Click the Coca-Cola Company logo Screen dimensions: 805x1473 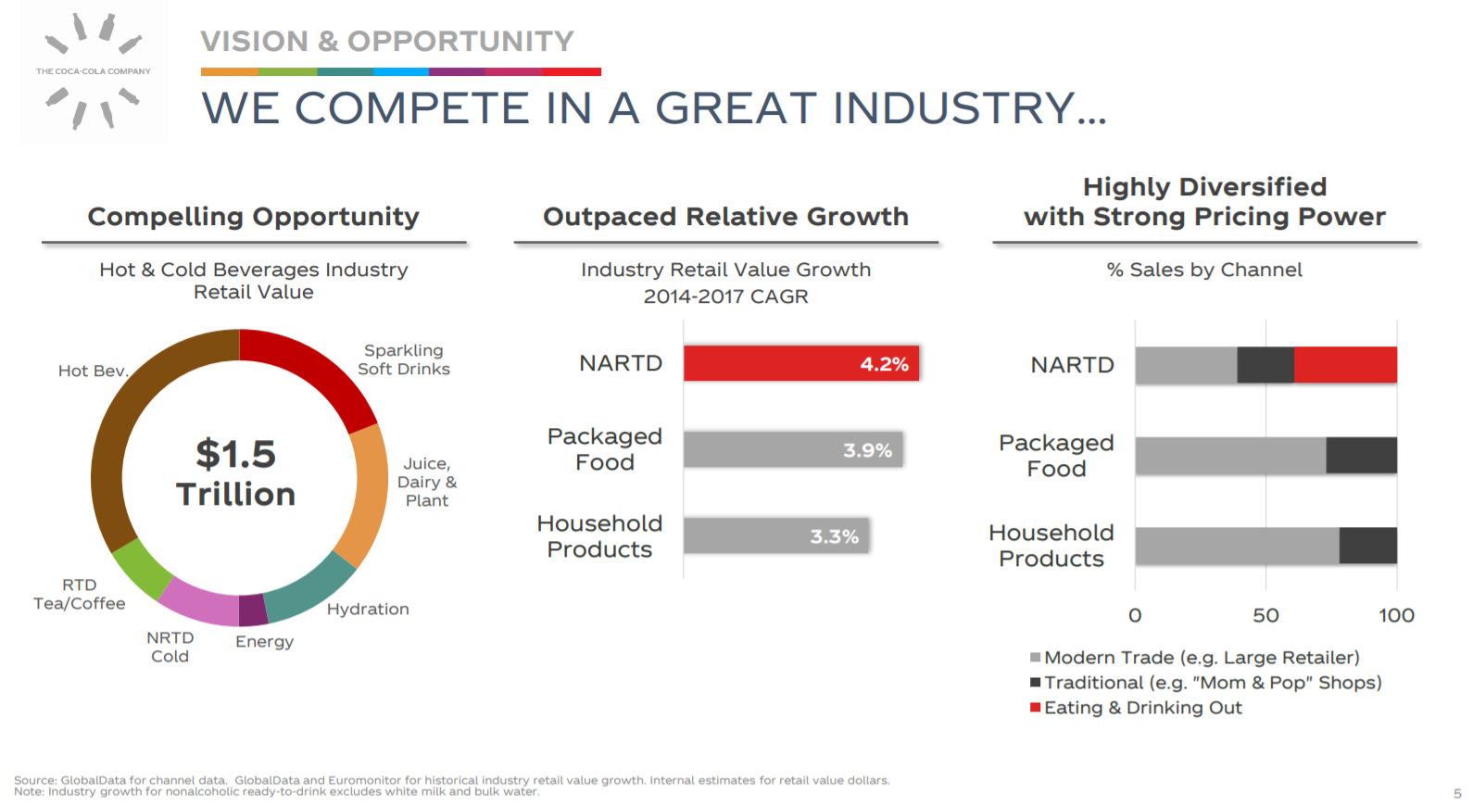(x=94, y=71)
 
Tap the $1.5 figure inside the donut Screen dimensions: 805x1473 (x=235, y=454)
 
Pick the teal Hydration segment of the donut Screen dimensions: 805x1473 (x=310, y=588)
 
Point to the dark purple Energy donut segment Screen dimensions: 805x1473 (x=253, y=610)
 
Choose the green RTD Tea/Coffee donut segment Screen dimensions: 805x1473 (x=142, y=568)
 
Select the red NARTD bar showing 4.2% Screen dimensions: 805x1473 (x=800, y=364)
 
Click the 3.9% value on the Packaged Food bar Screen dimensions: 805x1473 (x=867, y=450)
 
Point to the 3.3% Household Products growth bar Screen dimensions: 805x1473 (x=776, y=536)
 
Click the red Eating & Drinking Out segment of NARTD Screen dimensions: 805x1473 (x=1345, y=365)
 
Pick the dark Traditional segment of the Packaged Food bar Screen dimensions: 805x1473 (x=1361, y=456)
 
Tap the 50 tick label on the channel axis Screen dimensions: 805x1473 (x=1265, y=615)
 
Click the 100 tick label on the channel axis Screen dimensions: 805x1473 (x=1396, y=615)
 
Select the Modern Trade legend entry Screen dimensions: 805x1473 (x=1195, y=658)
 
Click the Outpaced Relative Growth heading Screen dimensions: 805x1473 (x=725, y=217)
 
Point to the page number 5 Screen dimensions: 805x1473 (x=1457, y=793)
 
